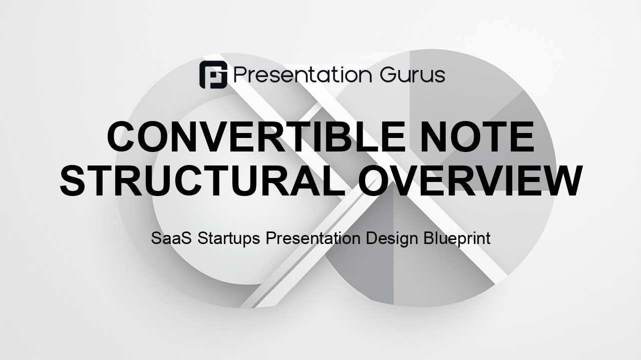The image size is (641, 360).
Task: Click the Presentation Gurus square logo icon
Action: tap(213, 74)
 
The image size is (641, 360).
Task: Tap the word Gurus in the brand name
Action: tap(413, 75)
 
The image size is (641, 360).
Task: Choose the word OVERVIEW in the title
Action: tap(470, 180)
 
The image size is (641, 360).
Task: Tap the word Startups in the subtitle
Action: tap(229, 239)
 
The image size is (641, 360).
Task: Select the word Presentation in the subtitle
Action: tap(313, 238)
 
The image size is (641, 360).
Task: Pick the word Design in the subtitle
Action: tap(392, 239)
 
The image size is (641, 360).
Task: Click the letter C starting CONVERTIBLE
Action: tap(121, 137)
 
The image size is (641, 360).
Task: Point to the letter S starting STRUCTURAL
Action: tap(73, 180)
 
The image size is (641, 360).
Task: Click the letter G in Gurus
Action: tap(389, 75)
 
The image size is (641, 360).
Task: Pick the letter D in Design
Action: tap(372, 238)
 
